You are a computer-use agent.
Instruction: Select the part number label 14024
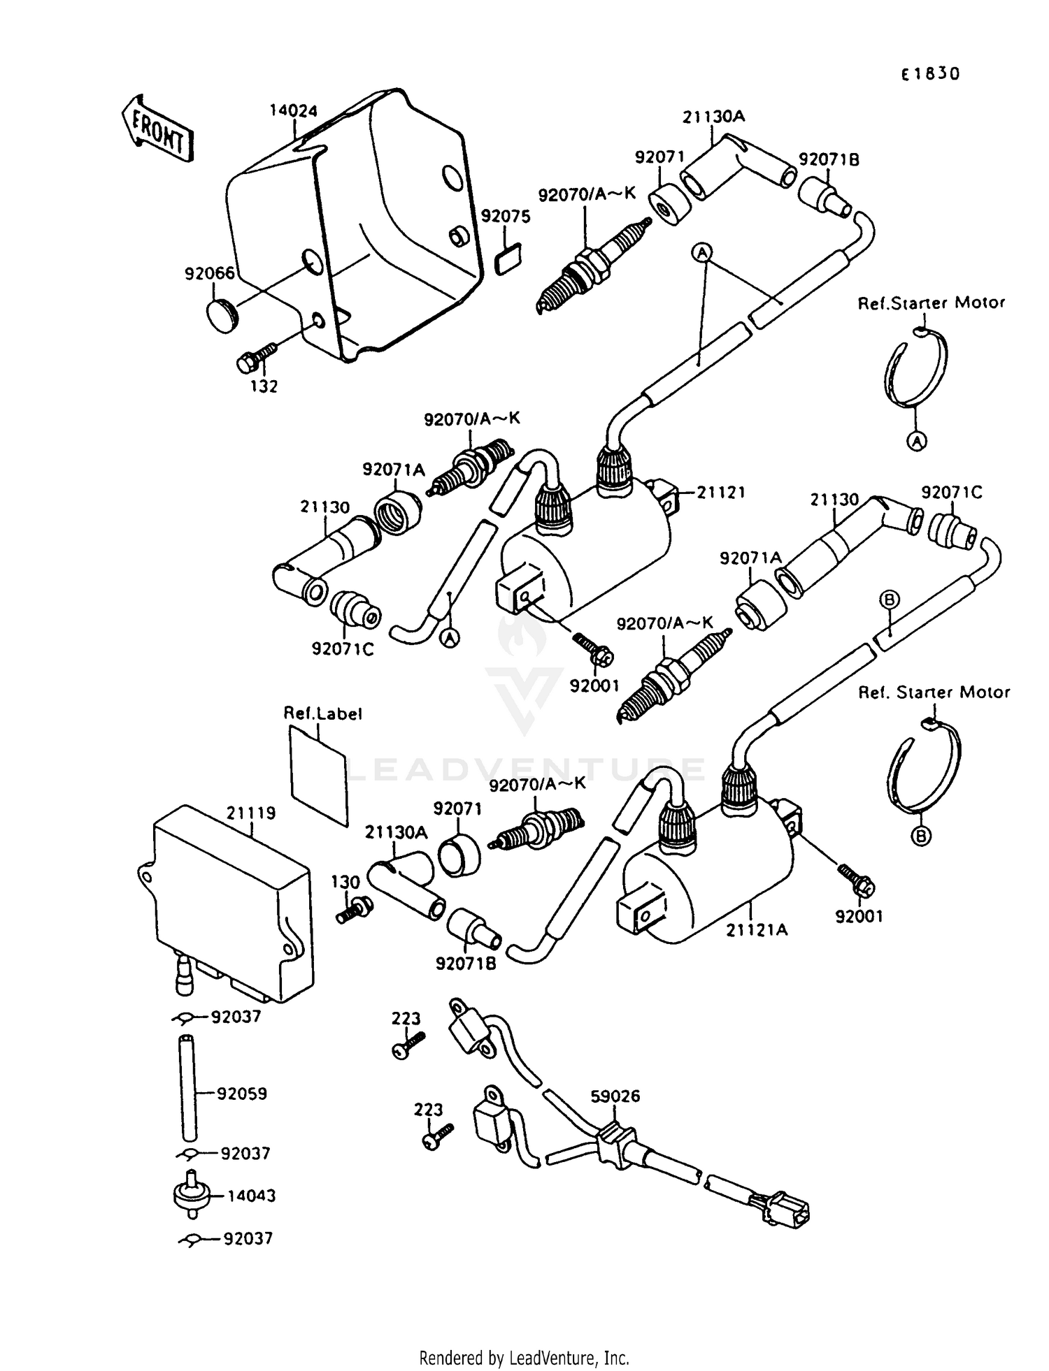(294, 111)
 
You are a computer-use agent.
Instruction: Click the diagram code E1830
(930, 74)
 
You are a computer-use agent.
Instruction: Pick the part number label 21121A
(757, 930)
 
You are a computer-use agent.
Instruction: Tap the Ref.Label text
(322, 713)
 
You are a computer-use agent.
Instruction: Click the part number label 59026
(615, 1096)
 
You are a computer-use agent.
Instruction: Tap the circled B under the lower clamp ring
(921, 836)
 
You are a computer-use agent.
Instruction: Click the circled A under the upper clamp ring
(917, 440)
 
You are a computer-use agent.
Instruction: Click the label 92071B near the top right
(829, 159)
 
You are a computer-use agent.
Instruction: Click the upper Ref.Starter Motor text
(932, 303)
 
